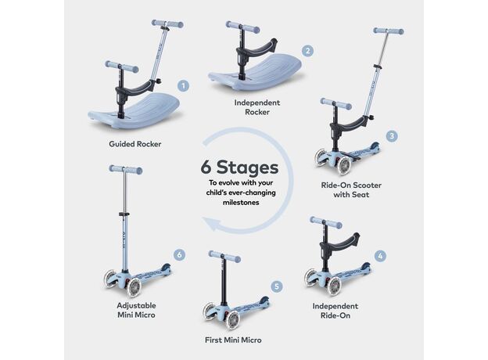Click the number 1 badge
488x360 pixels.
183,86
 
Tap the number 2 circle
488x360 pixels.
307,51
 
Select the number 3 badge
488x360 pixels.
392,136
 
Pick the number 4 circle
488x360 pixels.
380,256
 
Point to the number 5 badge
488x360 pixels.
277,286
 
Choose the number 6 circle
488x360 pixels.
179,255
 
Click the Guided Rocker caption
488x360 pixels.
135,144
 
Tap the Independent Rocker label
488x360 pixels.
257,107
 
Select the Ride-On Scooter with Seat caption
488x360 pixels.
351,190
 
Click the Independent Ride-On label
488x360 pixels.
335,311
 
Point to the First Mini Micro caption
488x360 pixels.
233,340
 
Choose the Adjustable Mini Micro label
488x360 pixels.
136,310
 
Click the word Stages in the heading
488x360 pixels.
247,167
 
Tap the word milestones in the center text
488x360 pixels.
241,203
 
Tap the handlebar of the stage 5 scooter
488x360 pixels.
224,256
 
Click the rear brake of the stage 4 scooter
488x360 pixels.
365,267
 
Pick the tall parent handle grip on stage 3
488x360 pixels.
389,31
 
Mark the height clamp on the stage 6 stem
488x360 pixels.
124,214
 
